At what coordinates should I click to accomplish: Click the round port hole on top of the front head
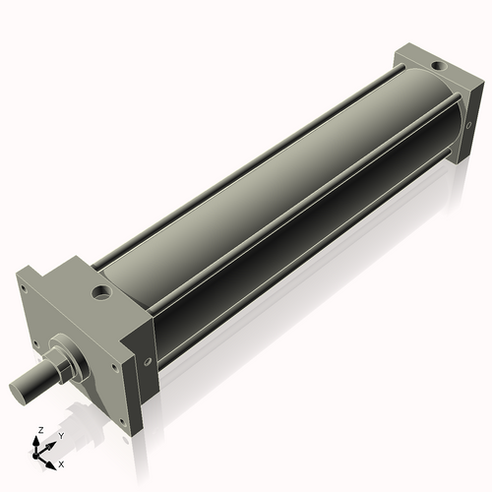pos(101,292)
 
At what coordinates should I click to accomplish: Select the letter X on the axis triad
pos(61,462)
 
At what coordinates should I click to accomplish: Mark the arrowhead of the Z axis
pos(38,440)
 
